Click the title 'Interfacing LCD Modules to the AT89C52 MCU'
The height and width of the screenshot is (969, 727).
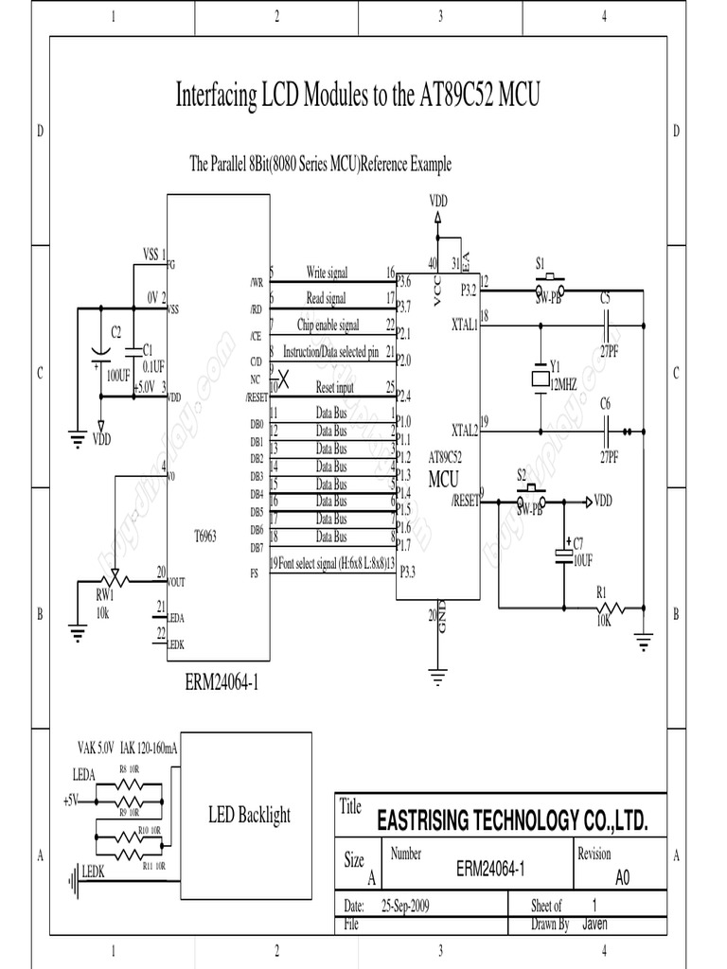coord(358,95)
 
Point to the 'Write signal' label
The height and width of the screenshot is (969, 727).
coord(327,273)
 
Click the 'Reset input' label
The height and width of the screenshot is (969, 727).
coord(334,387)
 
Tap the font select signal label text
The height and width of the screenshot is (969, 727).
coord(330,563)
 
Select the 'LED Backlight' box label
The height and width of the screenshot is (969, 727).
coord(249,815)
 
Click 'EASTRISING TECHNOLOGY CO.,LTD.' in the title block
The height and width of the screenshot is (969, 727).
coord(512,821)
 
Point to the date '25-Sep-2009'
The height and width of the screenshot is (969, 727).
coord(404,906)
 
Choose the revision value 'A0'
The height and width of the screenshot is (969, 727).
coord(622,877)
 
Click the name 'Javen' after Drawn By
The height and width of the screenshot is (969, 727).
coord(595,924)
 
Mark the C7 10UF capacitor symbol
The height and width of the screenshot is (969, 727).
coord(565,551)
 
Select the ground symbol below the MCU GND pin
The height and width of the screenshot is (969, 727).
coord(437,675)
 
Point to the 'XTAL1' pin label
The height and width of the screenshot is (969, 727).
coord(465,324)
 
